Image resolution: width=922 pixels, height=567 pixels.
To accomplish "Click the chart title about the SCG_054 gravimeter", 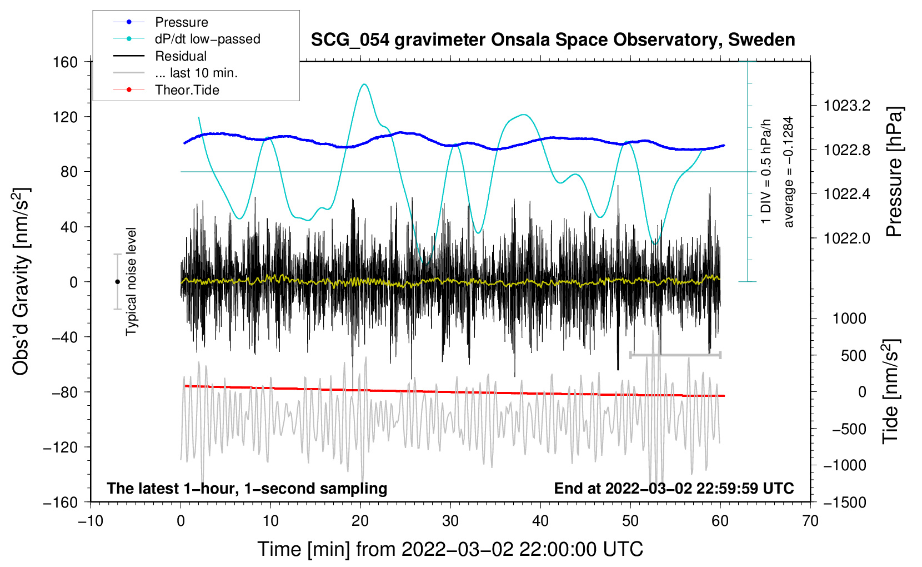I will pyautogui.click(x=553, y=40).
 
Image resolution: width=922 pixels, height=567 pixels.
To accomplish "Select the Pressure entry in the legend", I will pyautogui.click(x=181, y=22).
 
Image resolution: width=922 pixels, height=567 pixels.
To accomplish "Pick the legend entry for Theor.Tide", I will pyautogui.click(x=187, y=90).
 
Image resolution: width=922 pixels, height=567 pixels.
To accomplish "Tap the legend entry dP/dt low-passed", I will pyautogui.click(x=207, y=39).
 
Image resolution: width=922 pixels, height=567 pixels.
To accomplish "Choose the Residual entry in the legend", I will pyautogui.click(x=181, y=56).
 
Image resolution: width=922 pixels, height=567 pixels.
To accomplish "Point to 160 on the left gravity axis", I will pyautogui.click(x=66, y=62).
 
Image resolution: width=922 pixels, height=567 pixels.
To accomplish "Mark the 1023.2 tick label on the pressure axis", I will pyautogui.click(x=847, y=106).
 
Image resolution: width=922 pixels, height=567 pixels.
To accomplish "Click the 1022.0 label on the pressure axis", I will pyautogui.click(x=847, y=238).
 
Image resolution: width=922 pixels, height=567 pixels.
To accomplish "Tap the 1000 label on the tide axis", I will pyautogui.click(x=849, y=319).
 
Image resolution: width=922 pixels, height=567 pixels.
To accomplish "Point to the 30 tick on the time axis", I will pyautogui.click(x=450, y=521).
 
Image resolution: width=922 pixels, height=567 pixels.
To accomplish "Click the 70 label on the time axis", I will pyautogui.click(x=810, y=521).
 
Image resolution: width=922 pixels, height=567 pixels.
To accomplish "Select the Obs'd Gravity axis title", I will pyautogui.click(x=21, y=281).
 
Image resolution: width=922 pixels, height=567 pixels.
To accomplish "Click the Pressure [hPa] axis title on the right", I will pyautogui.click(x=894, y=172).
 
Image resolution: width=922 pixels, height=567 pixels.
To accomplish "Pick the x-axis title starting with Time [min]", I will pyautogui.click(x=450, y=549).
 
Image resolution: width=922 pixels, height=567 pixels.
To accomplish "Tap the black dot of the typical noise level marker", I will pyautogui.click(x=117, y=282).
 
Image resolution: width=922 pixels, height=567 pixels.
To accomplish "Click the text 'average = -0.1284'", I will pyautogui.click(x=789, y=172).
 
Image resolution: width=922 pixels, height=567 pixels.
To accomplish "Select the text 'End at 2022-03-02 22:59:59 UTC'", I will pyautogui.click(x=674, y=488).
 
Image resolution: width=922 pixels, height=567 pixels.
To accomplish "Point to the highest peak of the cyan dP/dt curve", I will pyautogui.click(x=364, y=84).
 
